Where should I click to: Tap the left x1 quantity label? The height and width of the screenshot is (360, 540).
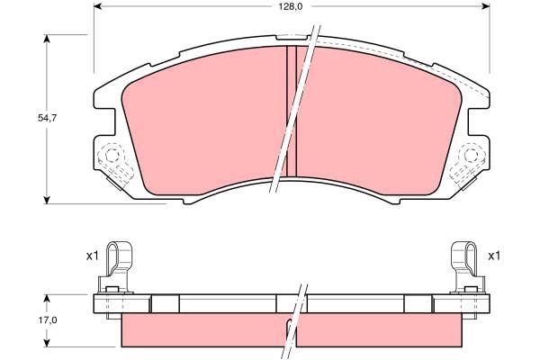click(x=91, y=256)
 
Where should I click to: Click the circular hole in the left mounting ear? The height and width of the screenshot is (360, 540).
click(x=113, y=157)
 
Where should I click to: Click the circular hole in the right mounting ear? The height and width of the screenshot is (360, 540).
click(x=470, y=157)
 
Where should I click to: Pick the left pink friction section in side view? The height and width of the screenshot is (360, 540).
click(x=202, y=330)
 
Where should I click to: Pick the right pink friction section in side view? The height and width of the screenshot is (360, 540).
click(x=378, y=330)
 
